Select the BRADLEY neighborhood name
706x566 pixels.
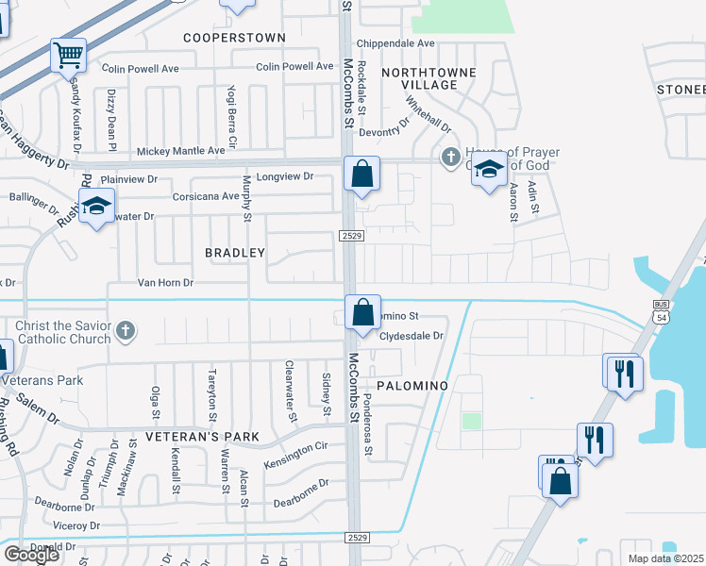(x=235, y=253)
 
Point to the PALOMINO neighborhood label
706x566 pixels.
(x=410, y=387)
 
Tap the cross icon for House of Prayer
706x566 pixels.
(x=450, y=156)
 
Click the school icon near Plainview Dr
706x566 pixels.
(x=96, y=207)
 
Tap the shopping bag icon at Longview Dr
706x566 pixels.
(x=361, y=174)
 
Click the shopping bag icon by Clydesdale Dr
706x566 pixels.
(x=362, y=312)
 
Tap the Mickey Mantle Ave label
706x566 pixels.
(x=181, y=150)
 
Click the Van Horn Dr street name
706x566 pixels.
(x=165, y=282)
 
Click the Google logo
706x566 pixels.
(x=31, y=555)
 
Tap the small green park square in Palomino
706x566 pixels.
(x=471, y=421)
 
